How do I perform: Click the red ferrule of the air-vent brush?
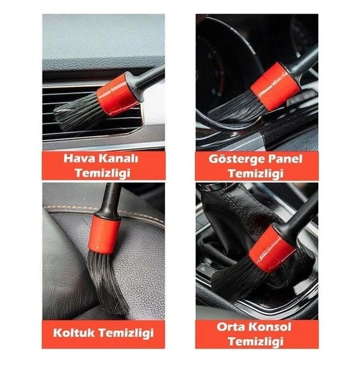(117, 94)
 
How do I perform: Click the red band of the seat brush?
(105, 229)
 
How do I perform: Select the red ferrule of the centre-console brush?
(274, 249)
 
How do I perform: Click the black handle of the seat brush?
(111, 198)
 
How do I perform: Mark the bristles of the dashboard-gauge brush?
(236, 108)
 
